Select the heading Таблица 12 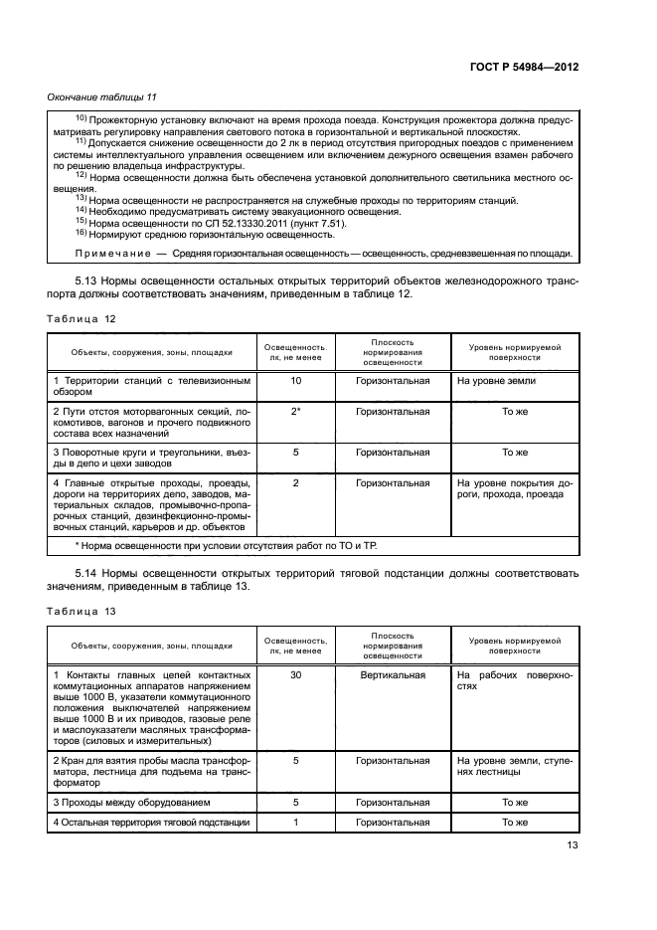[x=82, y=317]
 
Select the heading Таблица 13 [x=82, y=611]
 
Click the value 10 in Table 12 [x=295, y=381]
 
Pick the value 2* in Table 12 [x=295, y=410]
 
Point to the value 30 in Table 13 [x=295, y=674]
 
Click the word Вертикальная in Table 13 [x=394, y=674]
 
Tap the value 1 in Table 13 [x=295, y=823]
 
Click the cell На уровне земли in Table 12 [x=496, y=381]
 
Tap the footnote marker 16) [x=82, y=234]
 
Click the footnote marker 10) [x=82, y=119]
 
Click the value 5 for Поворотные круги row [x=295, y=452]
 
